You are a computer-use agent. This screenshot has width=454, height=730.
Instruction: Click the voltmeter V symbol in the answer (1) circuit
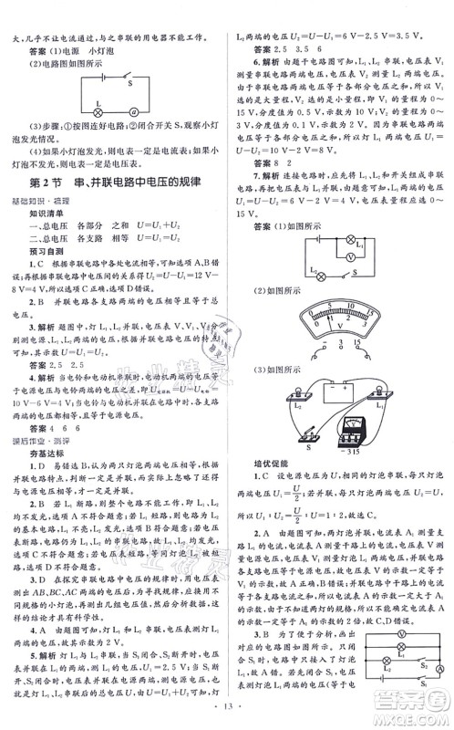339,257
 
